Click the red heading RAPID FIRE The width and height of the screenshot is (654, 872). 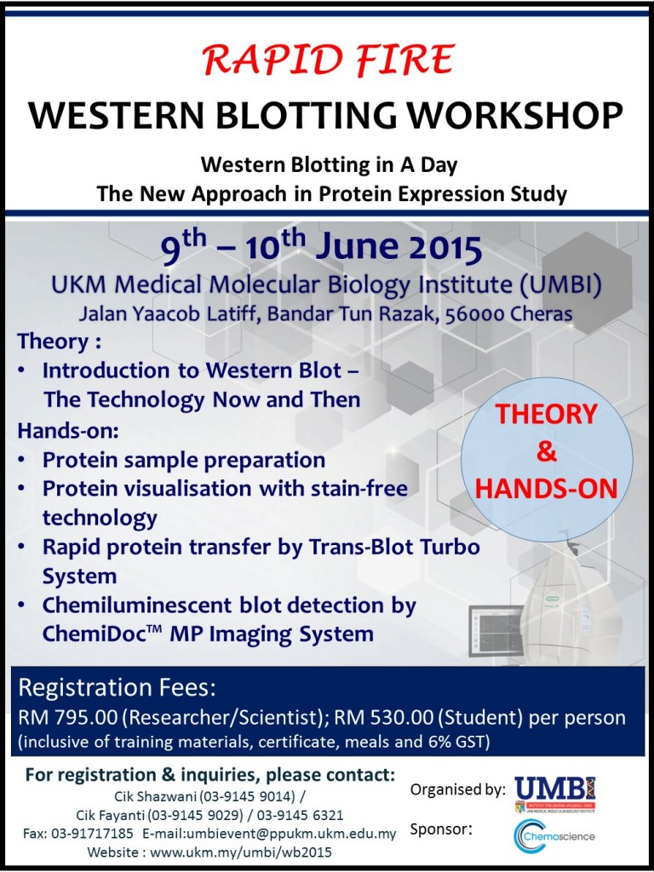point(328,60)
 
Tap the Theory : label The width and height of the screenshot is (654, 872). point(54,341)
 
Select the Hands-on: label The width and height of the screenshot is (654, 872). point(67,429)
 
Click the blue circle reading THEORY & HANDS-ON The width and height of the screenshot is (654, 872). point(547,451)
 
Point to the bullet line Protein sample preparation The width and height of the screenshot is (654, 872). point(183,460)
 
